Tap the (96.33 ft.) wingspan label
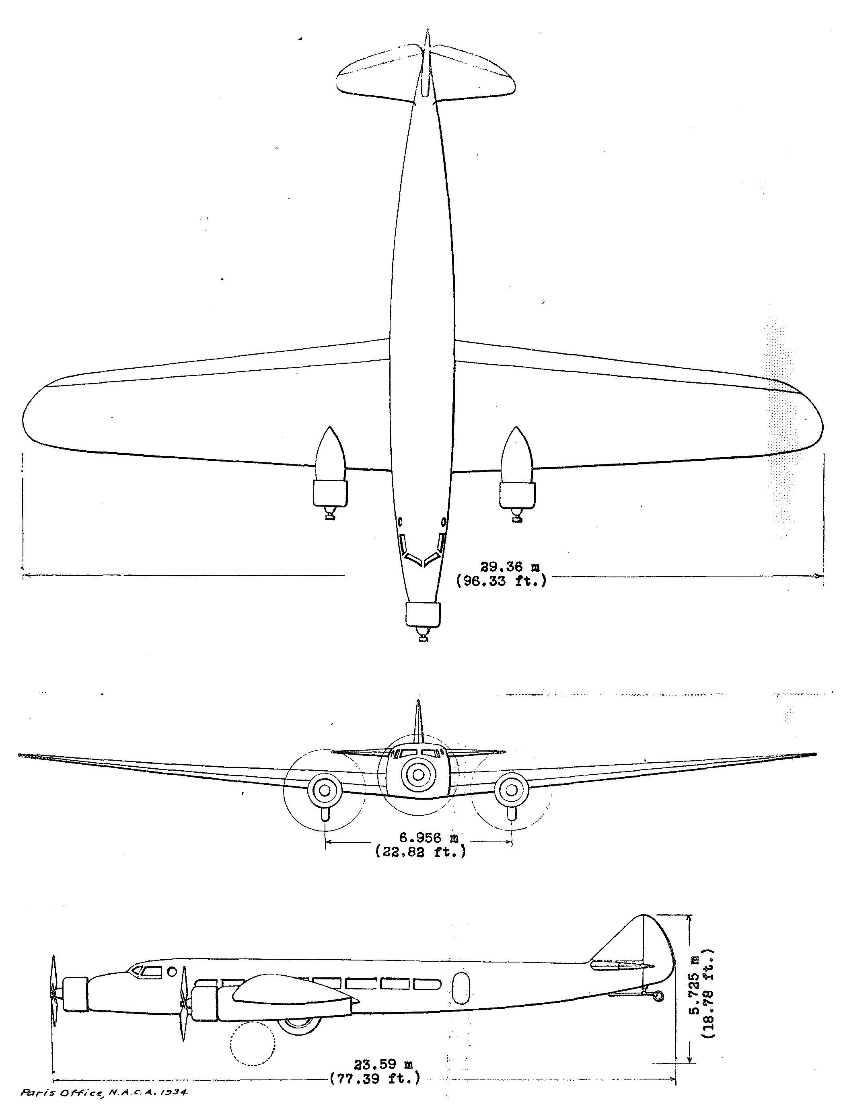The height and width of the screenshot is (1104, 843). [x=501, y=582]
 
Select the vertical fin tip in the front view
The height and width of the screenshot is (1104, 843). [x=417, y=701]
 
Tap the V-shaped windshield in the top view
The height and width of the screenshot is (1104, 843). [x=422, y=551]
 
